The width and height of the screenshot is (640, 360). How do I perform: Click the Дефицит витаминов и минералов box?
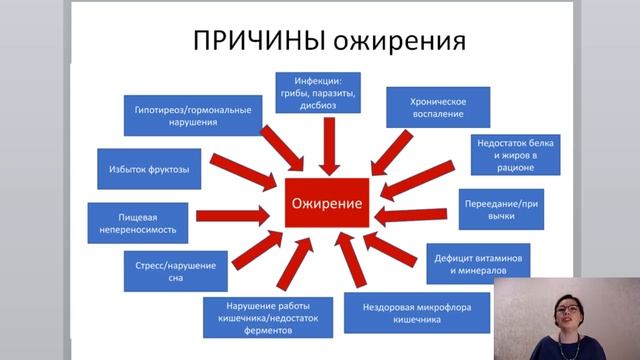coord(476,262)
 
